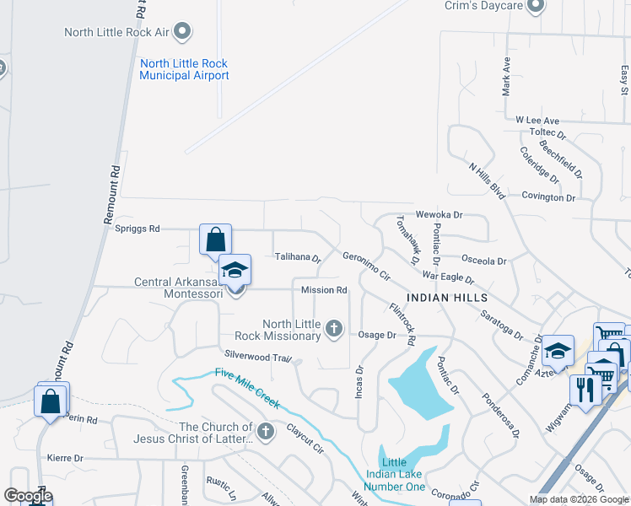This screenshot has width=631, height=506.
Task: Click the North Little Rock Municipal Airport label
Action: point(184,69)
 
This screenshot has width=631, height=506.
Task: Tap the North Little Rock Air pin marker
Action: point(181,33)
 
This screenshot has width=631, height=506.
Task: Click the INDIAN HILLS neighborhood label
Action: point(447,298)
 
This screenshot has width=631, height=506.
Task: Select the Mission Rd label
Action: point(325,290)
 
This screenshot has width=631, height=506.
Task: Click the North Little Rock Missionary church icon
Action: point(335,329)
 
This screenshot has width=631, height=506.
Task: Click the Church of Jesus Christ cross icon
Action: point(266,433)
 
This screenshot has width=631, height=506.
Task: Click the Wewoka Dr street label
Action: point(439,215)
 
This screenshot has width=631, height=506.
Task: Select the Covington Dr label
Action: point(547,197)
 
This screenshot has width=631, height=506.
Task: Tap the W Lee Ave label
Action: point(537,121)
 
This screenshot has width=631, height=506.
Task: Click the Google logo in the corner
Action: point(28,496)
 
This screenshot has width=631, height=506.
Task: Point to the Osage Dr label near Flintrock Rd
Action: point(377,335)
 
